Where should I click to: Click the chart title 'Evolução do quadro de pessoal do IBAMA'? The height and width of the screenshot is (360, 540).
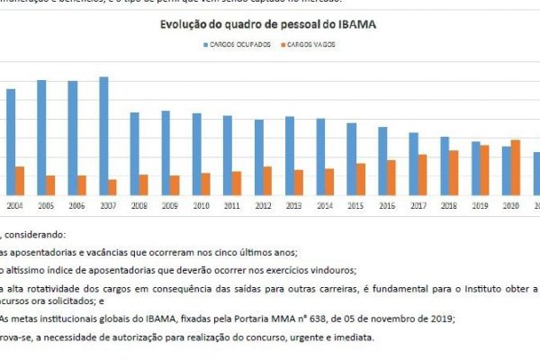[268, 25]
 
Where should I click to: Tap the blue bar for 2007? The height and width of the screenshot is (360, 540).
[103, 136]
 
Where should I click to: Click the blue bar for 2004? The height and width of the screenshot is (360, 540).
[10, 142]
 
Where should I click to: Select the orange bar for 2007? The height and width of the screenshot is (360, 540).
[112, 187]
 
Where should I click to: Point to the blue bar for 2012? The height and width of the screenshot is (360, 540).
[259, 157]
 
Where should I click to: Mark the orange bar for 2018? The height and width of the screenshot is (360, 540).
[427, 173]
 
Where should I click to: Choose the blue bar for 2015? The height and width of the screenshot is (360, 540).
[352, 159]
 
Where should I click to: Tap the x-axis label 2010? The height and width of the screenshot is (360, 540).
[202, 206]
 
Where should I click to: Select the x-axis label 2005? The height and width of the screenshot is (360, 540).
[46, 206]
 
